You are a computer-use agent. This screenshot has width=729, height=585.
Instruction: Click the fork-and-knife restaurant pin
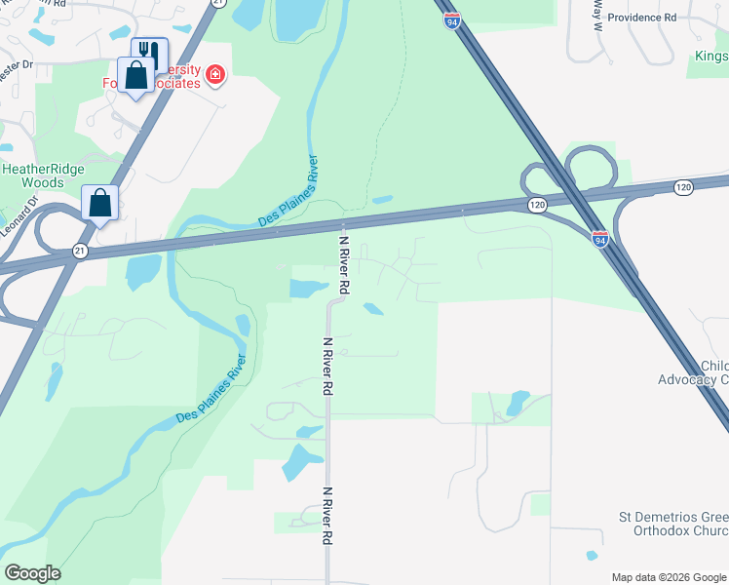[149, 52]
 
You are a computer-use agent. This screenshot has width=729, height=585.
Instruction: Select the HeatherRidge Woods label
[32, 175]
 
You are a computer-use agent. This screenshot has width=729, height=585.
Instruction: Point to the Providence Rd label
[641, 18]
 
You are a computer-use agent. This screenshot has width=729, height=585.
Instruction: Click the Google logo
[32, 572]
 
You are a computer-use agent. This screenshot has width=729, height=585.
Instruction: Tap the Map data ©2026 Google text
[669, 577]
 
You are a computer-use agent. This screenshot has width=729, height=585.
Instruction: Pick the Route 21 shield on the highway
[80, 252]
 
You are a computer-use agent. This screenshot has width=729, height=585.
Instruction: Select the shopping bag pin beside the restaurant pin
[135, 74]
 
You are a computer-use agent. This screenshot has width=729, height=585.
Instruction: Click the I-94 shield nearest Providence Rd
[451, 19]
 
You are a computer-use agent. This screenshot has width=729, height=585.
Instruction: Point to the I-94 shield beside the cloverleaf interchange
[600, 238]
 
